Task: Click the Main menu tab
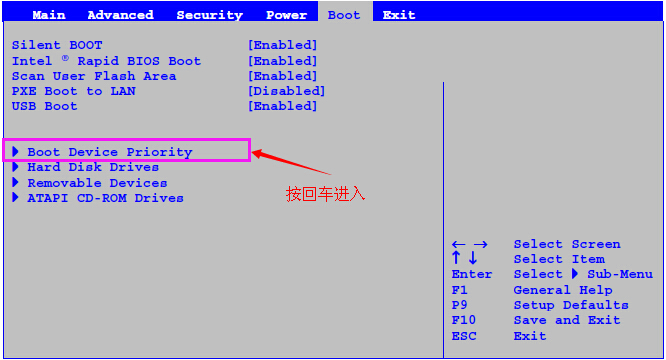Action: pyautogui.click(x=49, y=15)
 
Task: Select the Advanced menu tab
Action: pyautogui.click(x=120, y=15)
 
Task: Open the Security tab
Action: pyautogui.click(x=209, y=15)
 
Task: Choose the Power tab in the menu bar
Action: pyautogui.click(x=286, y=15)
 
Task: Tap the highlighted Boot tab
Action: pyautogui.click(x=344, y=15)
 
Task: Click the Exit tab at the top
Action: pyautogui.click(x=398, y=15)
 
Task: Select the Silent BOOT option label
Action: pyautogui.click(x=57, y=45)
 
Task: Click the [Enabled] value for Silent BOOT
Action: pyautogui.click(x=282, y=45)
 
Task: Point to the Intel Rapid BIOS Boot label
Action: pyautogui.click(x=106, y=61)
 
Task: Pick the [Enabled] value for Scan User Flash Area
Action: pyautogui.click(x=282, y=76)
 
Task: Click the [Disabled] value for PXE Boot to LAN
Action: pyautogui.click(x=286, y=91)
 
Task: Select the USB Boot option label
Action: pyautogui.click(x=45, y=106)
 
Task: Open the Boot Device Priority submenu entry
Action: pyautogui.click(x=109, y=152)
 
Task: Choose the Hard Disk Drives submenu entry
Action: pyautogui.click(x=93, y=167)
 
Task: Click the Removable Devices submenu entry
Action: pyautogui.click(x=97, y=183)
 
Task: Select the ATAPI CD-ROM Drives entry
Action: pyautogui.click(x=105, y=198)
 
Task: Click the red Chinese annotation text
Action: pyautogui.click(x=326, y=194)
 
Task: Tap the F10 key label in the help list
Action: pyautogui.click(x=463, y=320)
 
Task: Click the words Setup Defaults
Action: pyautogui.click(x=571, y=305)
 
